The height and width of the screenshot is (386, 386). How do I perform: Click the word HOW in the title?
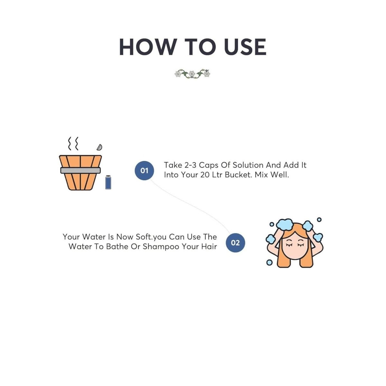147,47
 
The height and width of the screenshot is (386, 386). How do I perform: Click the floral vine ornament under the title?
192,74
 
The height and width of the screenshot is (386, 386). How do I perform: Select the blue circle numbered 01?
144,170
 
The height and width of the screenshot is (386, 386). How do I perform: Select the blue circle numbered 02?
235,243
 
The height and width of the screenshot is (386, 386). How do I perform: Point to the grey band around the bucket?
80,170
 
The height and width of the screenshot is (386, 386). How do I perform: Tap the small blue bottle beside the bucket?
108,182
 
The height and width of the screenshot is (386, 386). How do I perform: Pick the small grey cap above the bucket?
99,147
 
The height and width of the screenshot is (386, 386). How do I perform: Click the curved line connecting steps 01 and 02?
193,206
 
